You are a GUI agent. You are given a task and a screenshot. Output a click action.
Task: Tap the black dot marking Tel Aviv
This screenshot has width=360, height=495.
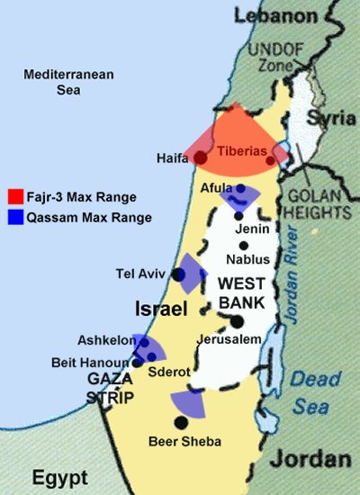point(179,274)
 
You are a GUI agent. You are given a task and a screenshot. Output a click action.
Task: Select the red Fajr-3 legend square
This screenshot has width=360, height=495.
point(14,196)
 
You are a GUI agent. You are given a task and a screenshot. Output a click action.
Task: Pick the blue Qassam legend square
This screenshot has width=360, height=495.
point(14,217)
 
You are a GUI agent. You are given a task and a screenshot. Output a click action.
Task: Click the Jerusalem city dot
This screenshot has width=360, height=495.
point(237,321)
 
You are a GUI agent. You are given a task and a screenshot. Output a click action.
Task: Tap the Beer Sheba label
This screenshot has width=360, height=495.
point(184,441)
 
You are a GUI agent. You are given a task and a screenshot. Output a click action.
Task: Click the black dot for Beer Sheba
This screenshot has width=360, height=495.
point(181,422)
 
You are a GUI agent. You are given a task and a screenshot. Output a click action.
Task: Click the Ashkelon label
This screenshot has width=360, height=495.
point(106,340)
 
